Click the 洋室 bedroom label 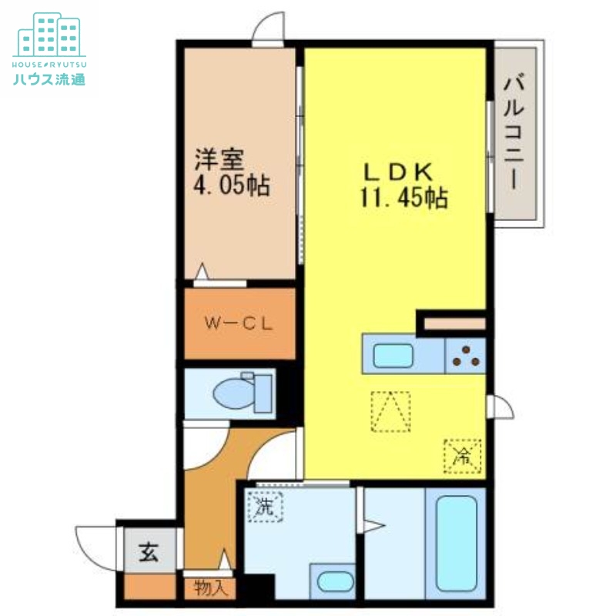coord(219,160)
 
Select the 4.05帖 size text coord(230,186)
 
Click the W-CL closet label coord(239,324)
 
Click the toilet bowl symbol coord(244,393)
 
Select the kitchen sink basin coord(393,356)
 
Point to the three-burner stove coord(465,356)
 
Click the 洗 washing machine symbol coord(266,507)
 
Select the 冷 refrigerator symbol coord(462,456)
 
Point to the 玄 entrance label coord(149,553)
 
